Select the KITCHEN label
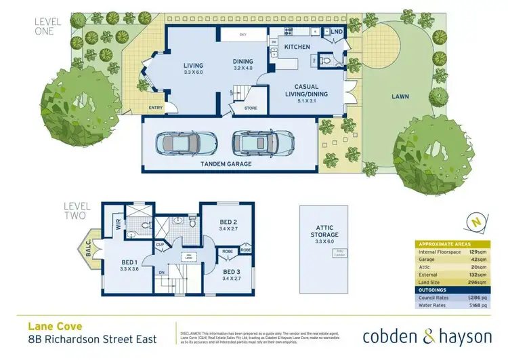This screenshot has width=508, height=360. tap(296, 47)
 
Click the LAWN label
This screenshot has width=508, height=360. tap(400, 97)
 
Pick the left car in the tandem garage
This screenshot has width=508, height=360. tap(185, 142)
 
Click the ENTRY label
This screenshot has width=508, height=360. tap(156, 108)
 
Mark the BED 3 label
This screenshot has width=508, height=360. tap(234, 273)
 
